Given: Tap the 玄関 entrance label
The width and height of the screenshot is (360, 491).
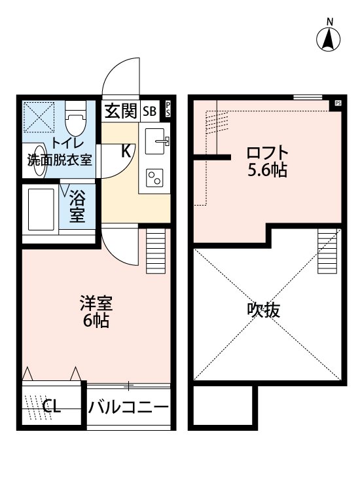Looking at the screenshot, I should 120,111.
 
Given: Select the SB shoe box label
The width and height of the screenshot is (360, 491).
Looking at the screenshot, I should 150,111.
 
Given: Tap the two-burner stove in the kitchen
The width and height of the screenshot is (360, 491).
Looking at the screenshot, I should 155,177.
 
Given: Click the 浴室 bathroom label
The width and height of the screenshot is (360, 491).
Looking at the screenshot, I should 77,206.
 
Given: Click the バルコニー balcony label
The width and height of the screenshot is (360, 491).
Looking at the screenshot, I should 129,407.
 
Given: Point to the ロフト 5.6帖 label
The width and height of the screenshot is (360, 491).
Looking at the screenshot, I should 266,162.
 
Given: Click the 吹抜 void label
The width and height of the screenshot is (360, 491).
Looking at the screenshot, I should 264,310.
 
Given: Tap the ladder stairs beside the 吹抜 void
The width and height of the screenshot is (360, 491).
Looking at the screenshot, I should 327,251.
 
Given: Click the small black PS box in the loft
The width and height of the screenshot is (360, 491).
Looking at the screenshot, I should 338,103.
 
